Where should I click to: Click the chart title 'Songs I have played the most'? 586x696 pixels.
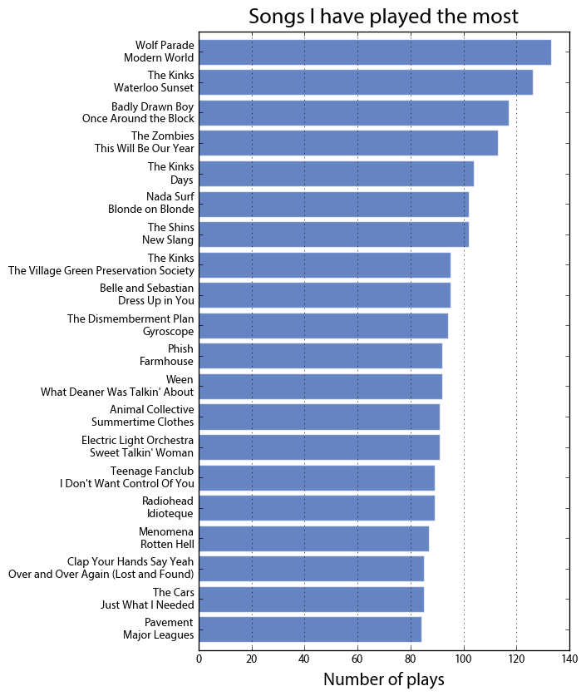click(383, 17)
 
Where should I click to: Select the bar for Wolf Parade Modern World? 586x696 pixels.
click(374, 52)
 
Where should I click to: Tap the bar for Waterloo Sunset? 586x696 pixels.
click(366, 81)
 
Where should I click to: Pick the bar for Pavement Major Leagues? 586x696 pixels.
click(310, 629)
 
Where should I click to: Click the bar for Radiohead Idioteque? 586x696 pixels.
click(317, 507)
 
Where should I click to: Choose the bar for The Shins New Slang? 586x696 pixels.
click(333, 234)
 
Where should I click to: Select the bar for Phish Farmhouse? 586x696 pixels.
click(320, 355)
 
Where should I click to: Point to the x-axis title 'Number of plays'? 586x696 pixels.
click(383, 679)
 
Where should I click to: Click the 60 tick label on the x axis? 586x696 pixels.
click(357, 659)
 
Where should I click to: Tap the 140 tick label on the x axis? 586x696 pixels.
click(569, 659)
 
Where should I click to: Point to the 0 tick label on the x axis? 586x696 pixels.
click(199, 659)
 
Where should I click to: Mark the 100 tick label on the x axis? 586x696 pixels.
click(463, 659)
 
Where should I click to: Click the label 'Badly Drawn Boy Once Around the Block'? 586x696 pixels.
click(138, 112)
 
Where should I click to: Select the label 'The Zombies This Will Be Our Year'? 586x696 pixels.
click(144, 142)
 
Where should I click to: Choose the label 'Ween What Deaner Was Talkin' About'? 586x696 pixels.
click(117, 386)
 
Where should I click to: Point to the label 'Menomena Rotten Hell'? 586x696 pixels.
click(166, 538)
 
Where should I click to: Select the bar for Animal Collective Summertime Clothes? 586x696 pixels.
click(319, 416)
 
